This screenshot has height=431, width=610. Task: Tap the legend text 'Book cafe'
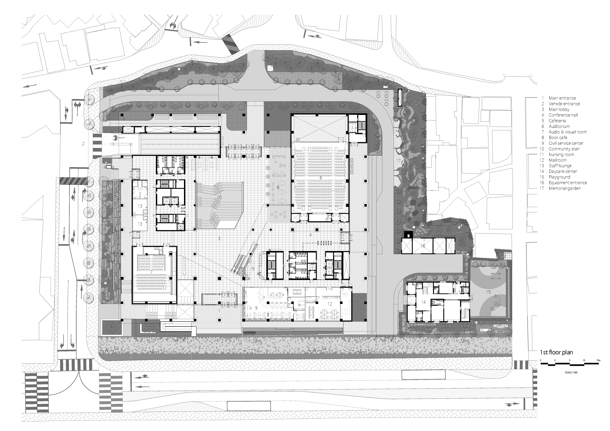click(558, 138)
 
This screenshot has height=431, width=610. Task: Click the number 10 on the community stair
click(219, 198)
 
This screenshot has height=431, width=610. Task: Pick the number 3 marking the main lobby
click(219, 238)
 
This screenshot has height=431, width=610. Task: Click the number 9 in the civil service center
click(256, 308)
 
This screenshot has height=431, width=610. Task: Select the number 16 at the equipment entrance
click(423, 246)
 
